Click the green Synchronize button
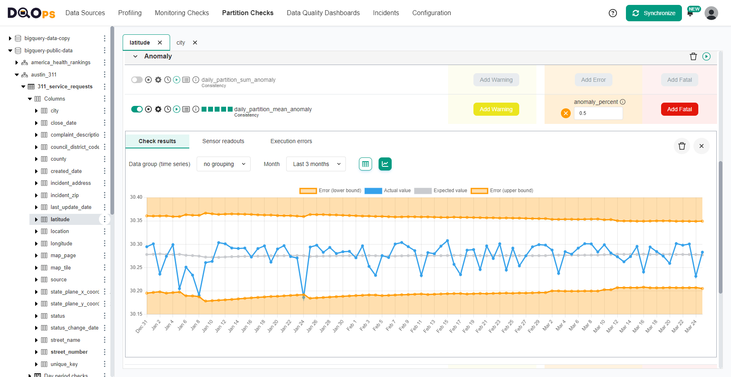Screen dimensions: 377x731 (653, 13)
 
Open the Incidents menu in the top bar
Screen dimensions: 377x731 (386, 13)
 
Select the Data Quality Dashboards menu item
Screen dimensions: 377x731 (323, 13)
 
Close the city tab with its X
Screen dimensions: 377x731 (195, 43)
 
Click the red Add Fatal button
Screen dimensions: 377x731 (679, 109)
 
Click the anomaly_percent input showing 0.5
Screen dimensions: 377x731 (598, 113)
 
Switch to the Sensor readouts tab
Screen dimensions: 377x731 (223, 141)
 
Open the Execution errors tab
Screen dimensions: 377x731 (291, 141)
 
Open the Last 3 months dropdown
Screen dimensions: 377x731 (316, 164)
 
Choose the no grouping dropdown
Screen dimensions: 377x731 (224, 164)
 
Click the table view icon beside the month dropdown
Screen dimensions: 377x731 (365, 164)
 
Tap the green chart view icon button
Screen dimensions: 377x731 (385, 164)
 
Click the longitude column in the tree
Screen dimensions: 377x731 (61, 244)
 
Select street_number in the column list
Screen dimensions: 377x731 (69, 352)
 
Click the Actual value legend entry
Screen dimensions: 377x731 (388, 191)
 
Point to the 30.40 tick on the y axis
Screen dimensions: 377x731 (136, 197)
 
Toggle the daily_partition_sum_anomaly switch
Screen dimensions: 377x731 (137, 80)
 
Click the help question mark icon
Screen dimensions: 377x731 (612, 13)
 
